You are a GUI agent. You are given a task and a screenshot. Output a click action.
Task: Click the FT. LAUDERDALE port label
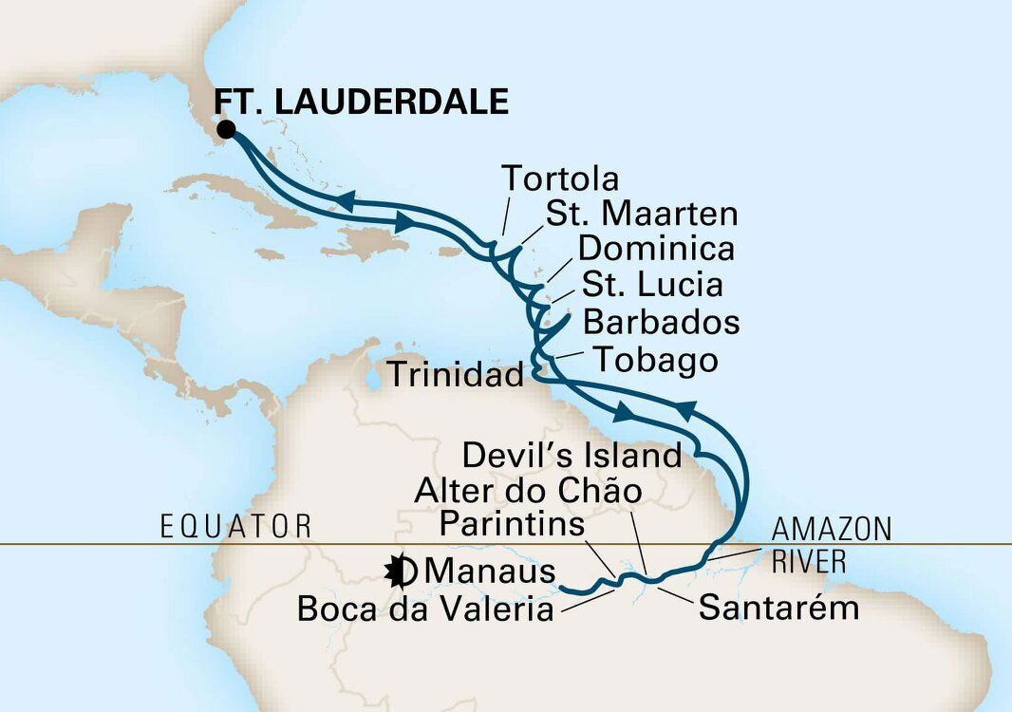coord(361,101)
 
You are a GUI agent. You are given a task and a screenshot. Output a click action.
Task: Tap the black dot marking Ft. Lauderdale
coord(225,130)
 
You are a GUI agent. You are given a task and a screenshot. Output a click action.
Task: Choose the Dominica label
coord(656,249)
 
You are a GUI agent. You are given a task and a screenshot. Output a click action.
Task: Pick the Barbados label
coord(661,322)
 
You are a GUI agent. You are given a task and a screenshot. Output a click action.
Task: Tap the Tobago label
coord(654,360)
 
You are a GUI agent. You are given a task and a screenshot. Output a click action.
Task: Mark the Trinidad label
coord(454,376)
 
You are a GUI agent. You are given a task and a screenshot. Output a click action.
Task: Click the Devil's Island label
coord(572,456)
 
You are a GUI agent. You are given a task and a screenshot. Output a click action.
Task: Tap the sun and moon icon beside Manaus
coord(399,571)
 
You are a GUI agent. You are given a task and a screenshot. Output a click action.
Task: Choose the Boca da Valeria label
coord(424,609)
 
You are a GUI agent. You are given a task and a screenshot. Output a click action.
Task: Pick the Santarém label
coord(778,608)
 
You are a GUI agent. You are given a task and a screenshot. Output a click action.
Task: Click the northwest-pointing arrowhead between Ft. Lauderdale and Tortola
coord(345,198)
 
